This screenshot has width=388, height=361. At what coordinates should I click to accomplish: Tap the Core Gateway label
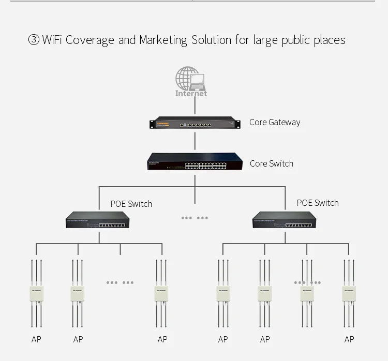point(274,123)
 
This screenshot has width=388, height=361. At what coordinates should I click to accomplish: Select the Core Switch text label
point(271,163)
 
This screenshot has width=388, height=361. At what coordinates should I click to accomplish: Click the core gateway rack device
point(195,124)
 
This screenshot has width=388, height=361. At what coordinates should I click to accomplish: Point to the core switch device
point(195,162)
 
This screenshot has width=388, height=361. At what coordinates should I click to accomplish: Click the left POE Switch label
point(131,204)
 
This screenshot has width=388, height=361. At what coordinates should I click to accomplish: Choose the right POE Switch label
point(318,203)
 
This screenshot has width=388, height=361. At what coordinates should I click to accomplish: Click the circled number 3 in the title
point(34,40)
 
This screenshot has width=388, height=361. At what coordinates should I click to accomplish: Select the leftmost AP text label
point(36,340)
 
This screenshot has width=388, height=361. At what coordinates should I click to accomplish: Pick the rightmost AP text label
point(349,340)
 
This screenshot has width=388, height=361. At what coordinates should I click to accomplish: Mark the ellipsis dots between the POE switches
point(195,218)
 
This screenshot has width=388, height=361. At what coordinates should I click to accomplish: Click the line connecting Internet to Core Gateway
point(195,106)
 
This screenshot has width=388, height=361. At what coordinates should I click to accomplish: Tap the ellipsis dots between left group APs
point(120,283)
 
